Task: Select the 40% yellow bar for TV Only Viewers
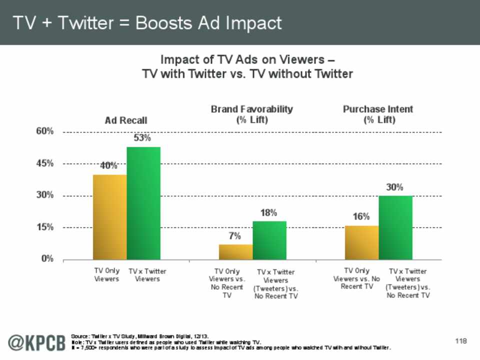(x=109, y=217)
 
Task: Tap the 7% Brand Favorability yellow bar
(x=235, y=252)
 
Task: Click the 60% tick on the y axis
(x=44, y=131)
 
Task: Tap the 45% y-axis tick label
(x=44, y=163)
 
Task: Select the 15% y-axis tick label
(x=44, y=227)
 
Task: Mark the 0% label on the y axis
(x=47, y=259)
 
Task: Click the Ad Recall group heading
(x=126, y=120)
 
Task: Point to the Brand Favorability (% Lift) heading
(x=251, y=114)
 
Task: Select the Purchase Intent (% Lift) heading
(x=378, y=114)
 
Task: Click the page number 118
(x=460, y=341)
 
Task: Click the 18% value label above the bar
(x=268, y=212)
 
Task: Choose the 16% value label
(x=361, y=216)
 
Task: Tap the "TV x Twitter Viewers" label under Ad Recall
(x=147, y=275)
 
